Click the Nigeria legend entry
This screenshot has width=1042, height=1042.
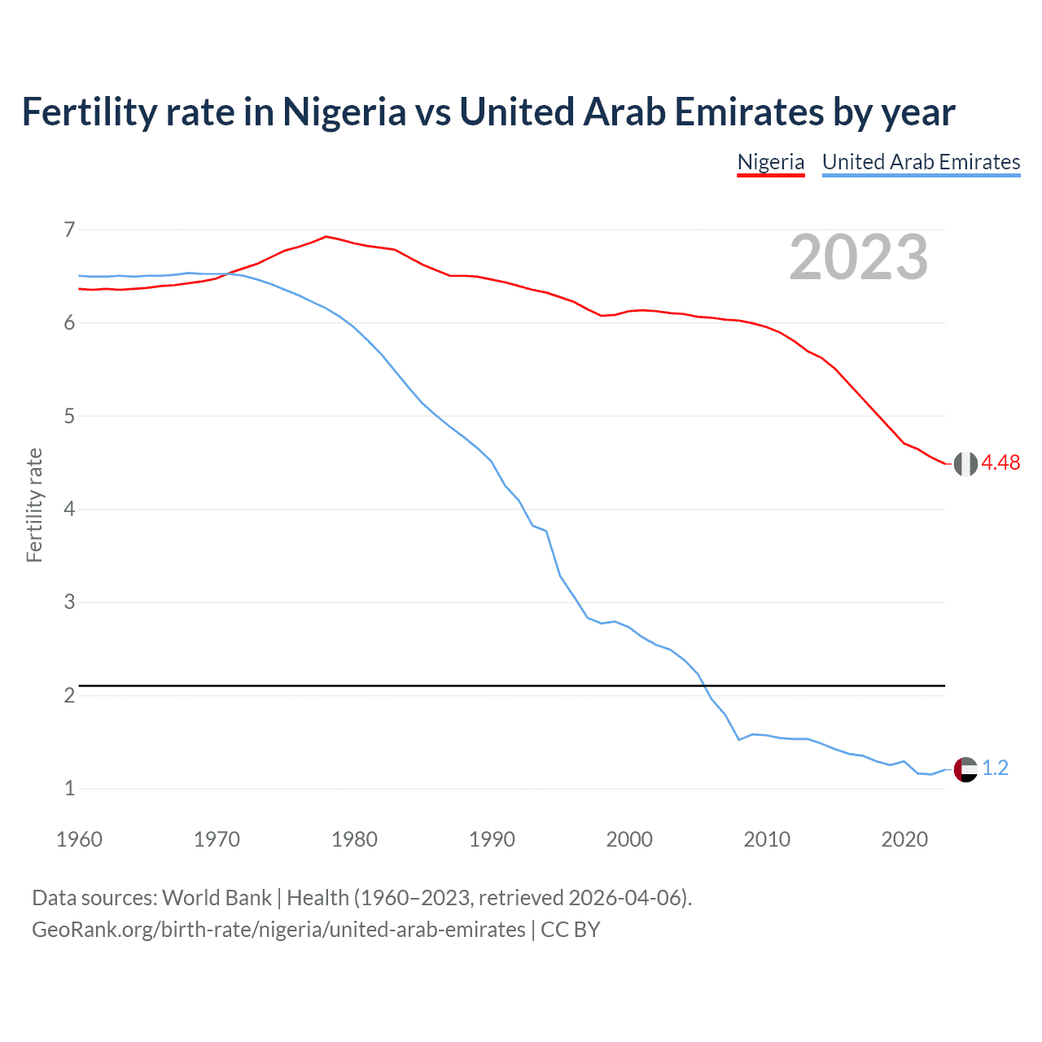[x=770, y=162]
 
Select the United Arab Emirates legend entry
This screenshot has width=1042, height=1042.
[x=921, y=162]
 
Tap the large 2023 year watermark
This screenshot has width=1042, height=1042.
[x=858, y=258]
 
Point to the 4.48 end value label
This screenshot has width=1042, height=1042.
[x=1000, y=463]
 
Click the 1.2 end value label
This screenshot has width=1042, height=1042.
[x=995, y=768]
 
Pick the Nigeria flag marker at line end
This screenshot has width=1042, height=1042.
[x=965, y=464]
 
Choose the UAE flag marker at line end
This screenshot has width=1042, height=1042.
[x=965, y=768]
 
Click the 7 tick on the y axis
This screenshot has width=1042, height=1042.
[x=69, y=230]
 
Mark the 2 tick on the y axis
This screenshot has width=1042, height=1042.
[x=69, y=695]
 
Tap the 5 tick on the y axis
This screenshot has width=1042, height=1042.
[x=69, y=416]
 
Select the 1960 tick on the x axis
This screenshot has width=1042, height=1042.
[x=79, y=839]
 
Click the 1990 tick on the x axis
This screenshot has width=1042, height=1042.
[x=492, y=839]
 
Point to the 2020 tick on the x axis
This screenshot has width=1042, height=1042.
[x=904, y=839]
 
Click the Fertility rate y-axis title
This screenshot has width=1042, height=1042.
[x=34, y=505]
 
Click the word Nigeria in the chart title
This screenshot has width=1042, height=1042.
[x=344, y=112]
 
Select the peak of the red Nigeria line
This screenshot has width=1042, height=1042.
[x=326, y=237]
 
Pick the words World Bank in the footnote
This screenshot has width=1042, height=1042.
[x=217, y=898]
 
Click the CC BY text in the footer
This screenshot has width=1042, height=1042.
[x=571, y=930]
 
